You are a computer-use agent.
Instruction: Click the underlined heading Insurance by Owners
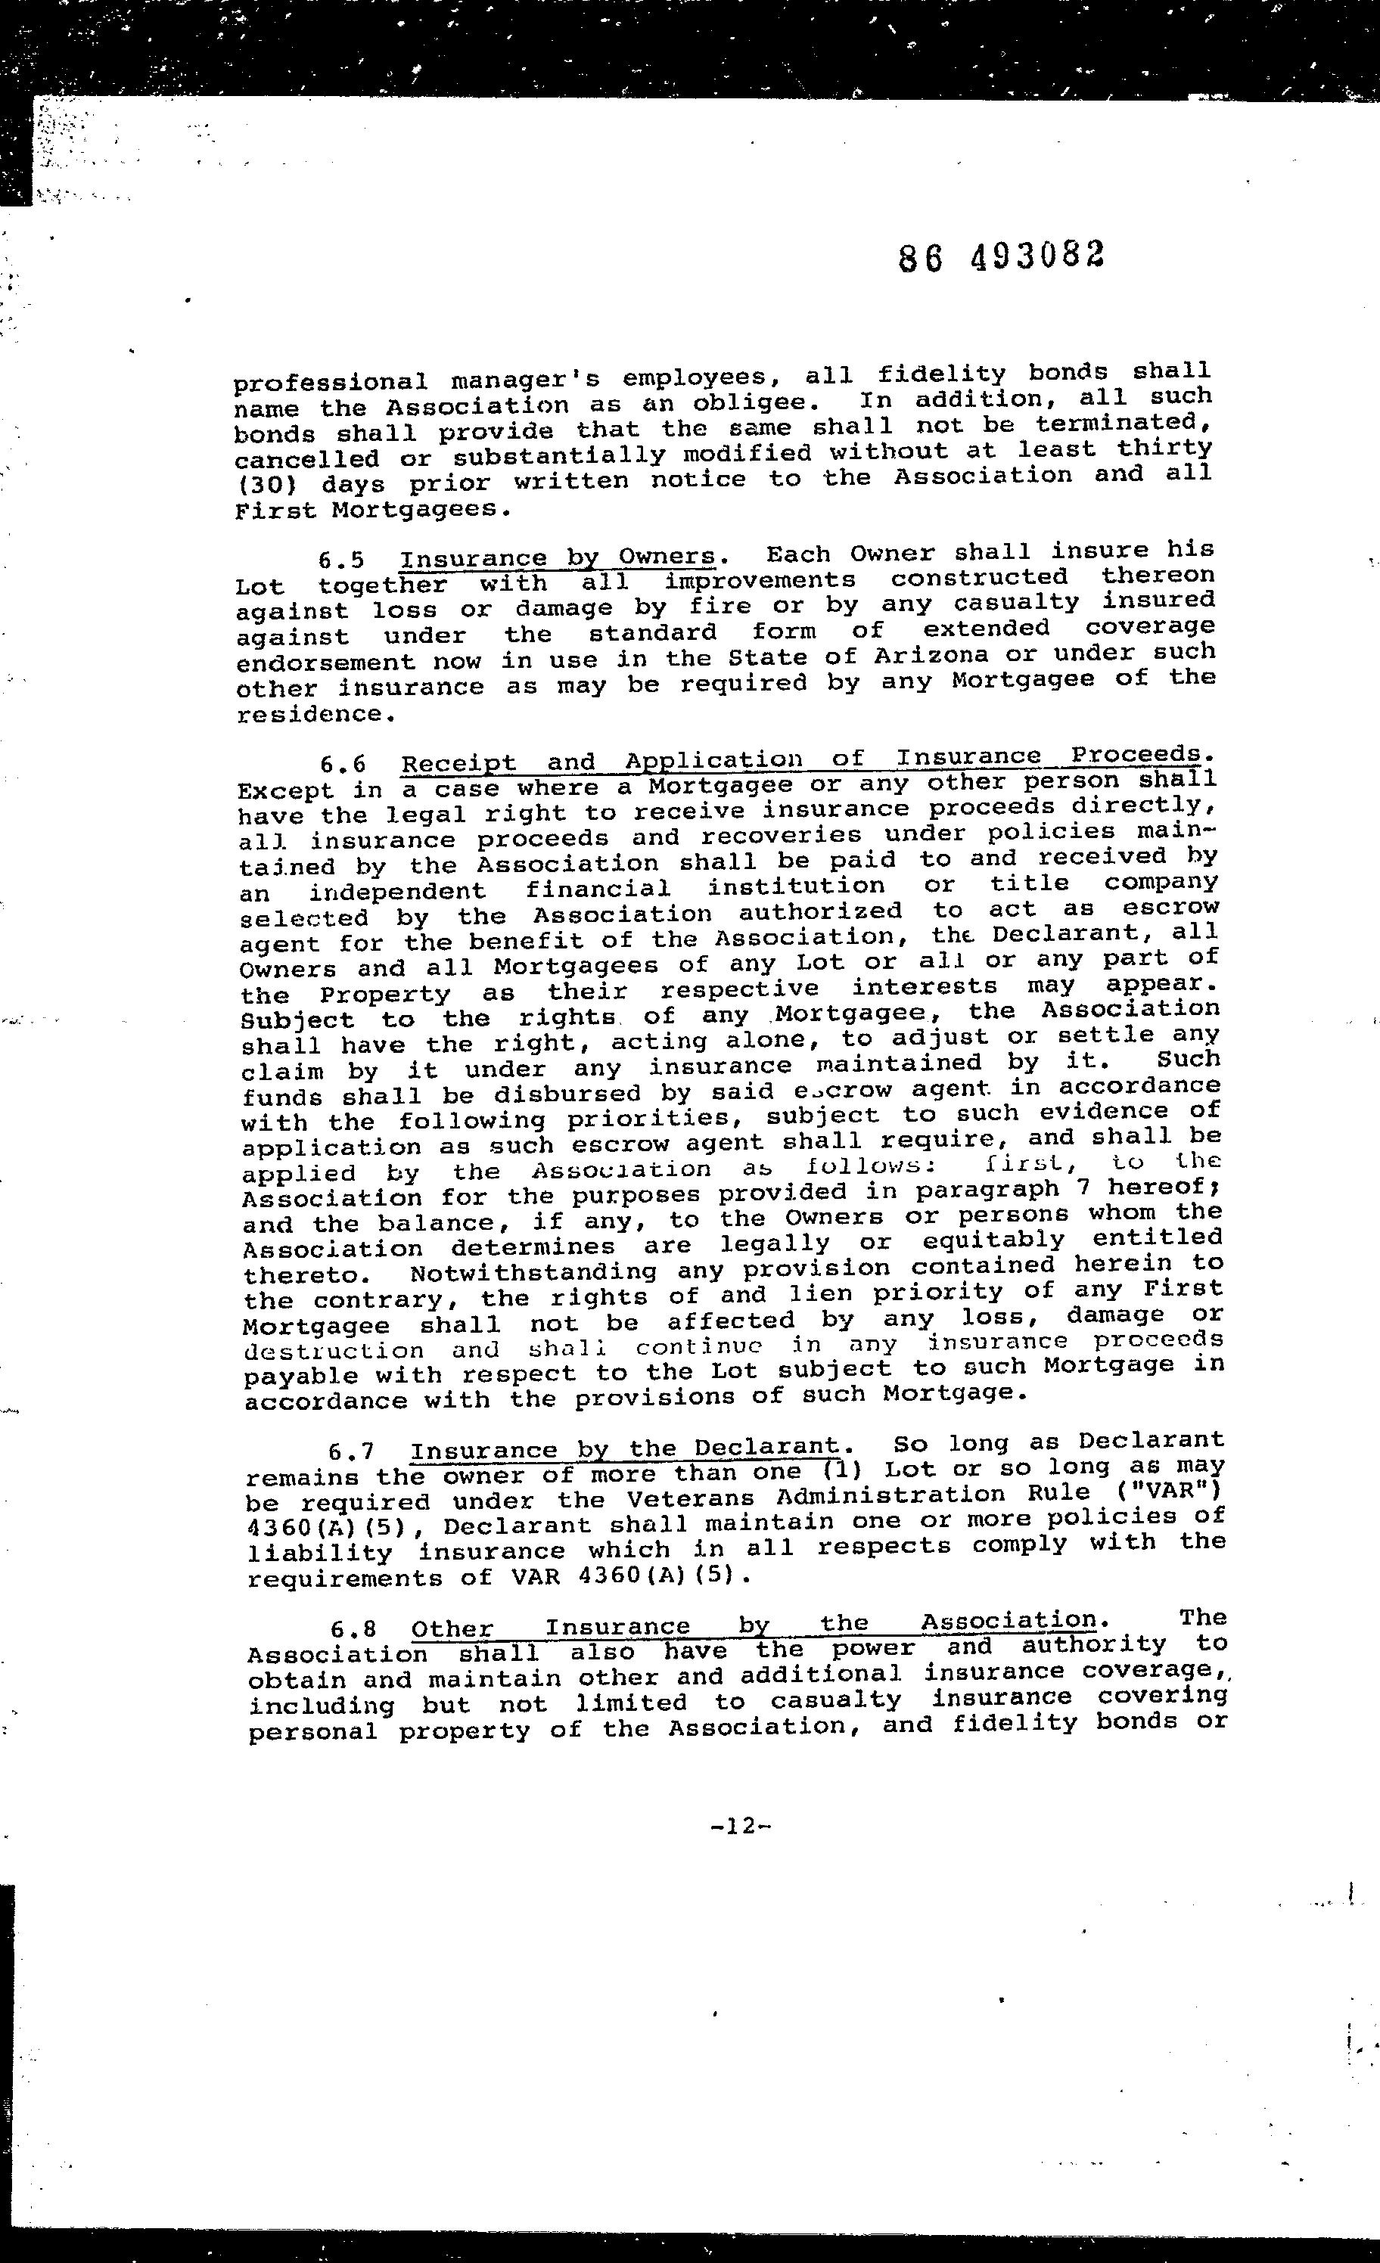pyautogui.click(x=558, y=557)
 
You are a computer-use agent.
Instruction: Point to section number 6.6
pyautogui.click(x=343, y=764)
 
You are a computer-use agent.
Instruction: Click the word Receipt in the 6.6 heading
pyautogui.click(x=459, y=763)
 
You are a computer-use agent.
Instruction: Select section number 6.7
pyautogui.click(x=351, y=1451)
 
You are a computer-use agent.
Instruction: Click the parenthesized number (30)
pyautogui.click(x=270, y=484)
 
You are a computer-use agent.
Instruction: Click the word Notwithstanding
pyautogui.click(x=533, y=1273)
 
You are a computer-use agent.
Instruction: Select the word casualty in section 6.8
pyautogui.click(x=835, y=1700)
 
